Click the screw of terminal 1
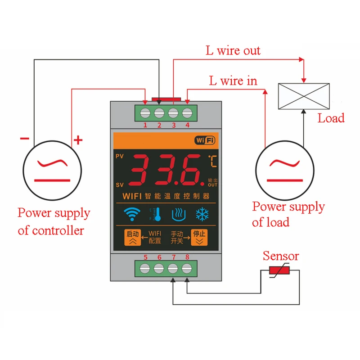tap(145, 113)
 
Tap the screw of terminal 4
tap(187, 113)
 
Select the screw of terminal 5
tap(145, 268)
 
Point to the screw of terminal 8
tap(187, 268)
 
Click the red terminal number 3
tap(174, 125)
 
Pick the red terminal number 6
tap(159, 257)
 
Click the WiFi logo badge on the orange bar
tap(205, 140)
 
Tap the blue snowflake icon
tap(202, 215)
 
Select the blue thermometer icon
tap(156, 215)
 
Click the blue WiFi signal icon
tap(132, 214)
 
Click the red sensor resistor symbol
tap(279, 270)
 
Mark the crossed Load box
tap(304, 96)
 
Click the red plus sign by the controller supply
tap(78, 140)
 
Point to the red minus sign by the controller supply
tap(25, 138)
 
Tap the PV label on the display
tap(120, 156)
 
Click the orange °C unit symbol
tap(212, 161)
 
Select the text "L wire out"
tap(233, 50)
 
